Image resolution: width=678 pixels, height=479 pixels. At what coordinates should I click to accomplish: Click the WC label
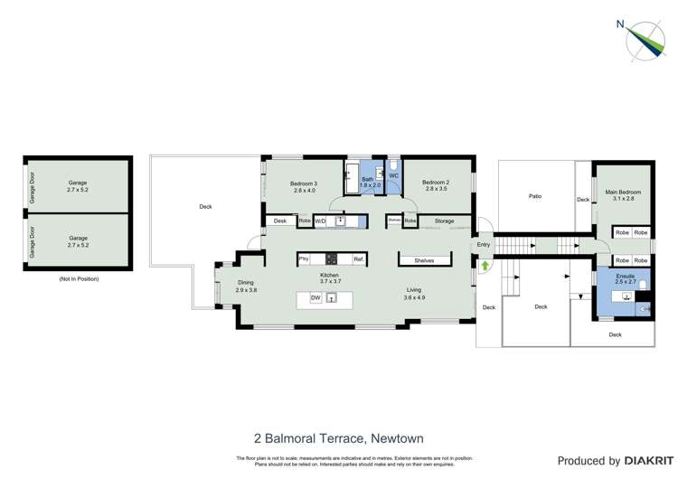coord(393,175)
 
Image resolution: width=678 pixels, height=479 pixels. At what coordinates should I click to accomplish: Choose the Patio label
coord(535,196)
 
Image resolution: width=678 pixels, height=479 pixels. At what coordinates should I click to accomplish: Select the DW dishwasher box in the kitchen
coord(315,297)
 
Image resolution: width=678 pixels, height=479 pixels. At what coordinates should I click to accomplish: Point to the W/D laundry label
coord(320,221)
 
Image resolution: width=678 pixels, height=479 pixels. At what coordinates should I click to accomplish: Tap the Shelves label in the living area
coord(424,260)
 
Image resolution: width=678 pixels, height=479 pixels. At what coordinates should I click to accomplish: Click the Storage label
coord(444,221)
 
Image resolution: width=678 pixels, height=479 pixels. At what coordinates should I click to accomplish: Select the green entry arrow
coord(485,266)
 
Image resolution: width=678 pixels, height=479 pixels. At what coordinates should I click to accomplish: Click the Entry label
coord(483,245)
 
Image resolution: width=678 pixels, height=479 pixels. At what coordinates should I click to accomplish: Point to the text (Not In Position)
coord(79,279)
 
